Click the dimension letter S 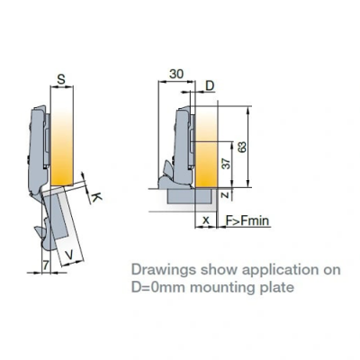click(x=61, y=79)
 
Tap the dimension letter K click(x=96, y=197)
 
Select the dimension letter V click(x=69, y=255)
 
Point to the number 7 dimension click(x=46, y=265)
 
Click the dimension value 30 click(x=176, y=74)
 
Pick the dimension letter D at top click(x=210, y=86)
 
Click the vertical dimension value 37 click(x=227, y=163)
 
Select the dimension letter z click(x=227, y=195)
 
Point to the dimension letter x click(x=206, y=220)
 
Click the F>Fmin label click(x=247, y=221)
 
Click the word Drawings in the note click(x=164, y=270)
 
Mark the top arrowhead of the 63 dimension click(x=247, y=110)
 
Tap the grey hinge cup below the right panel click(x=190, y=196)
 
